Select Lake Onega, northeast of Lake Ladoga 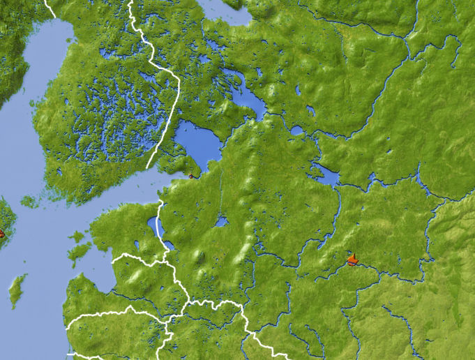tap(248, 98)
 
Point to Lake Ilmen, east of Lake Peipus tap(221, 222)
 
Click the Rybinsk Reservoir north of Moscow tap(325, 174)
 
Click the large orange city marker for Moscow tap(353, 261)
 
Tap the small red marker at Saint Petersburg tap(190, 177)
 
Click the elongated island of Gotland tap(17, 290)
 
